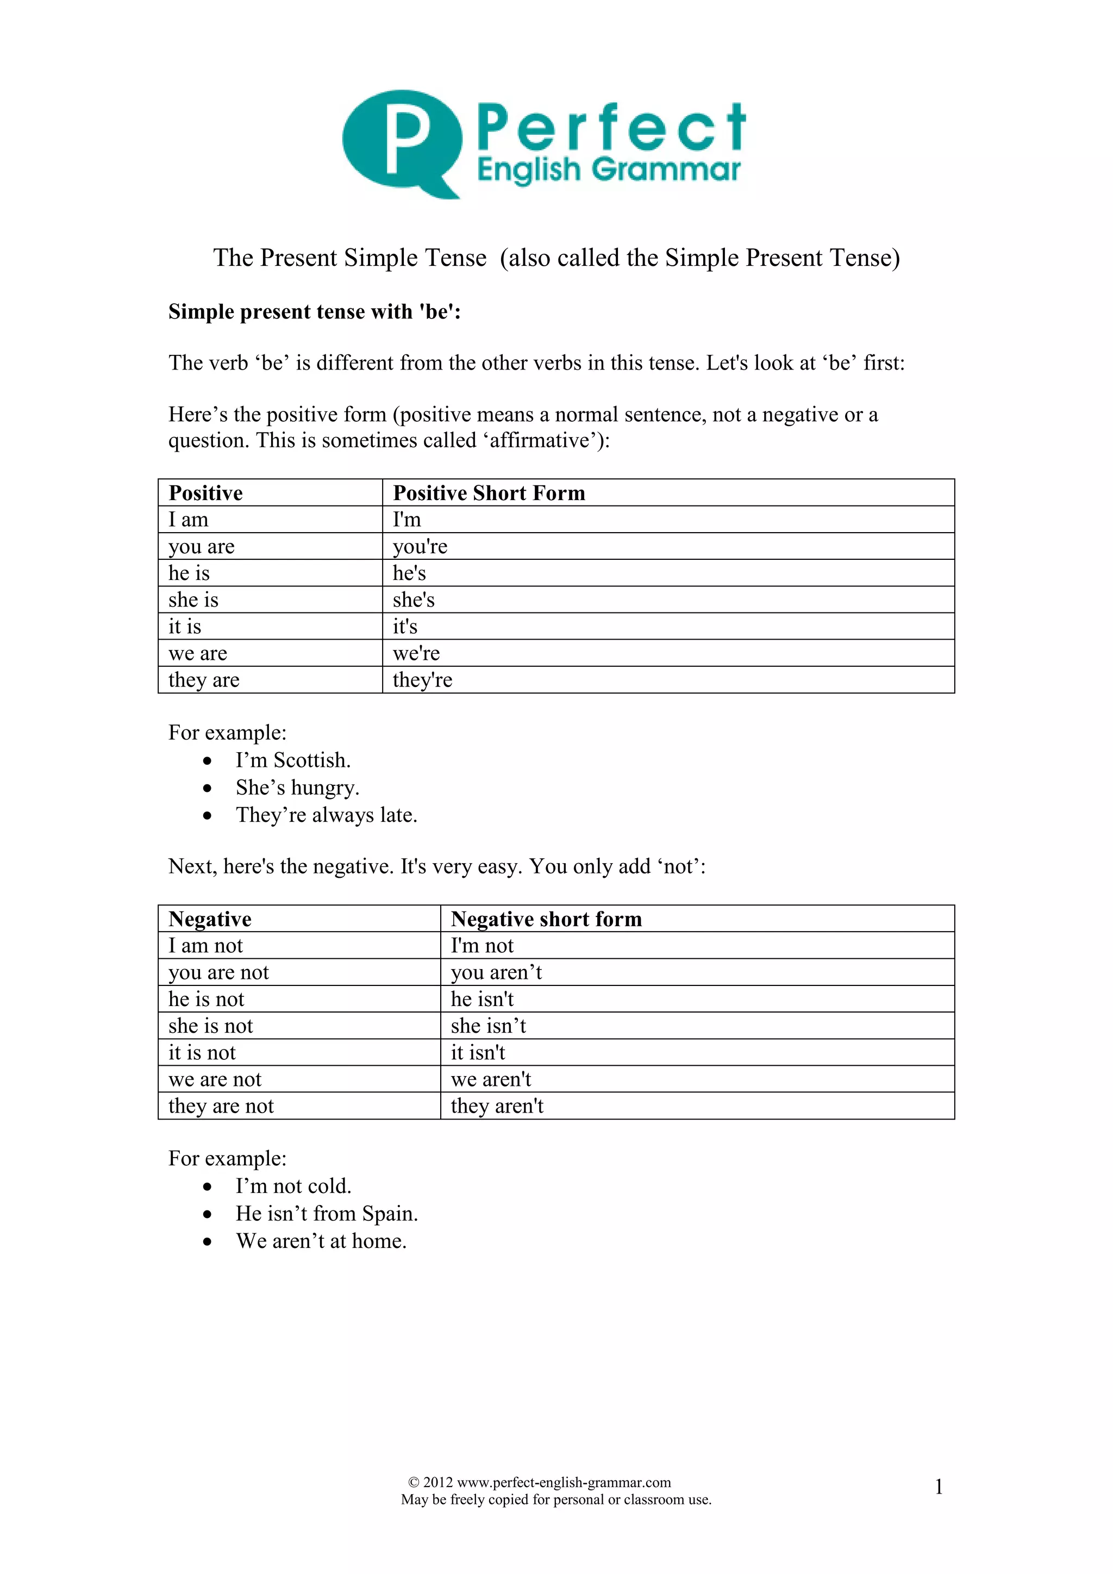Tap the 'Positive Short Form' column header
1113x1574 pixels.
point(489,493)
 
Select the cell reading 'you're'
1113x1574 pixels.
point(420,546)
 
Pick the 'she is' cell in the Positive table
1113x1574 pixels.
point(193,600)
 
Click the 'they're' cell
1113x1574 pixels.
point(422,680)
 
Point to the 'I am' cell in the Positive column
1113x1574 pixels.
point(189,520)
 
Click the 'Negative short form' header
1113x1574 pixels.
point(546,919)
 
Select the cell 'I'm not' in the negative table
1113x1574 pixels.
point(482,946)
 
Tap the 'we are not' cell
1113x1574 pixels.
point(215,1080)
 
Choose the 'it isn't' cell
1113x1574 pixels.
point(478,1053)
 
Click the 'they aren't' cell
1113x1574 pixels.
point(497,1107)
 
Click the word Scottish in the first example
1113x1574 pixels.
point(312,760)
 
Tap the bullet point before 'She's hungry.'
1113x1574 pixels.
point(207,789)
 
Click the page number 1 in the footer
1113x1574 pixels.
point(938,1487)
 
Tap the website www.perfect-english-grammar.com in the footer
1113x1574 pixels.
point(564,1482)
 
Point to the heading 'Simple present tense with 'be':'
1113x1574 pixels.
point(315,312)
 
